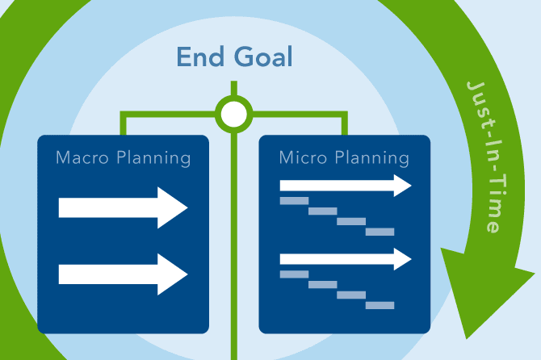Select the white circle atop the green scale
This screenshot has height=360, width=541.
[x=233, y=114]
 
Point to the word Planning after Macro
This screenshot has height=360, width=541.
[x=153, y=158]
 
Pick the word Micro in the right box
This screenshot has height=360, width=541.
[x=303, y=157]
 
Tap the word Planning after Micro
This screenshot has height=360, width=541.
[x=372, y=158]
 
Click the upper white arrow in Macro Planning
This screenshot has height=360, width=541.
[x=123, y=208]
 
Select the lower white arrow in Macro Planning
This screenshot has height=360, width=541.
[x=123, y=274]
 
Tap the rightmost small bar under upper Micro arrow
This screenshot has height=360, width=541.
[x=380, y=232]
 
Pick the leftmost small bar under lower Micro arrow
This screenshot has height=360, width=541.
[x=294, y=274]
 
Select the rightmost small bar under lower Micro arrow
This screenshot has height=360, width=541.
[x=380, y=305]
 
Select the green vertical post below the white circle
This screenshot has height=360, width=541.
[x=233, y=242]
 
